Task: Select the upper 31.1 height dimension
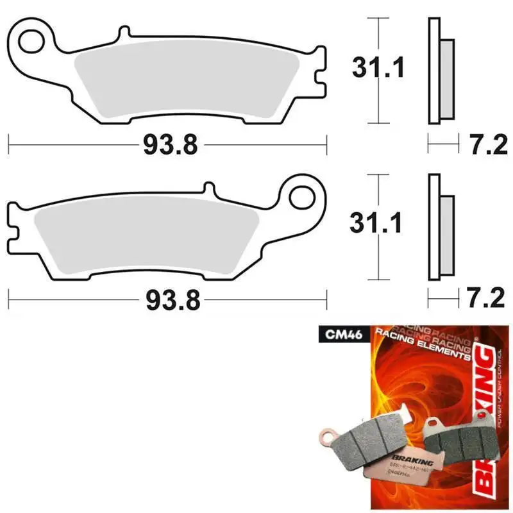pos(378,67)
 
